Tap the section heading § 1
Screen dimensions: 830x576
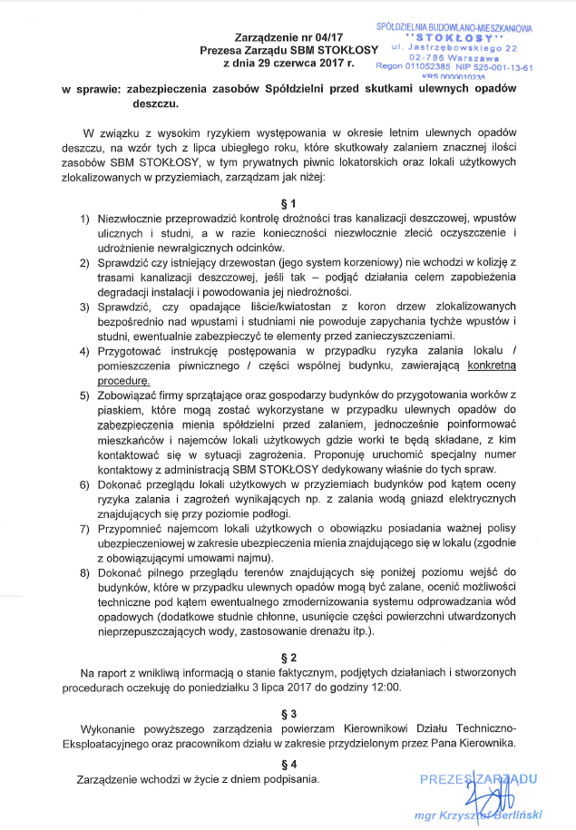(288, 202)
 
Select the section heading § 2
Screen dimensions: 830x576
(288, 656)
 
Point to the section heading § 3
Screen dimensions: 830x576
(288, 712)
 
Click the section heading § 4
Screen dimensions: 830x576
(288, 763)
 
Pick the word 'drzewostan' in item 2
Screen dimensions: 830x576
(208, 262)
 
